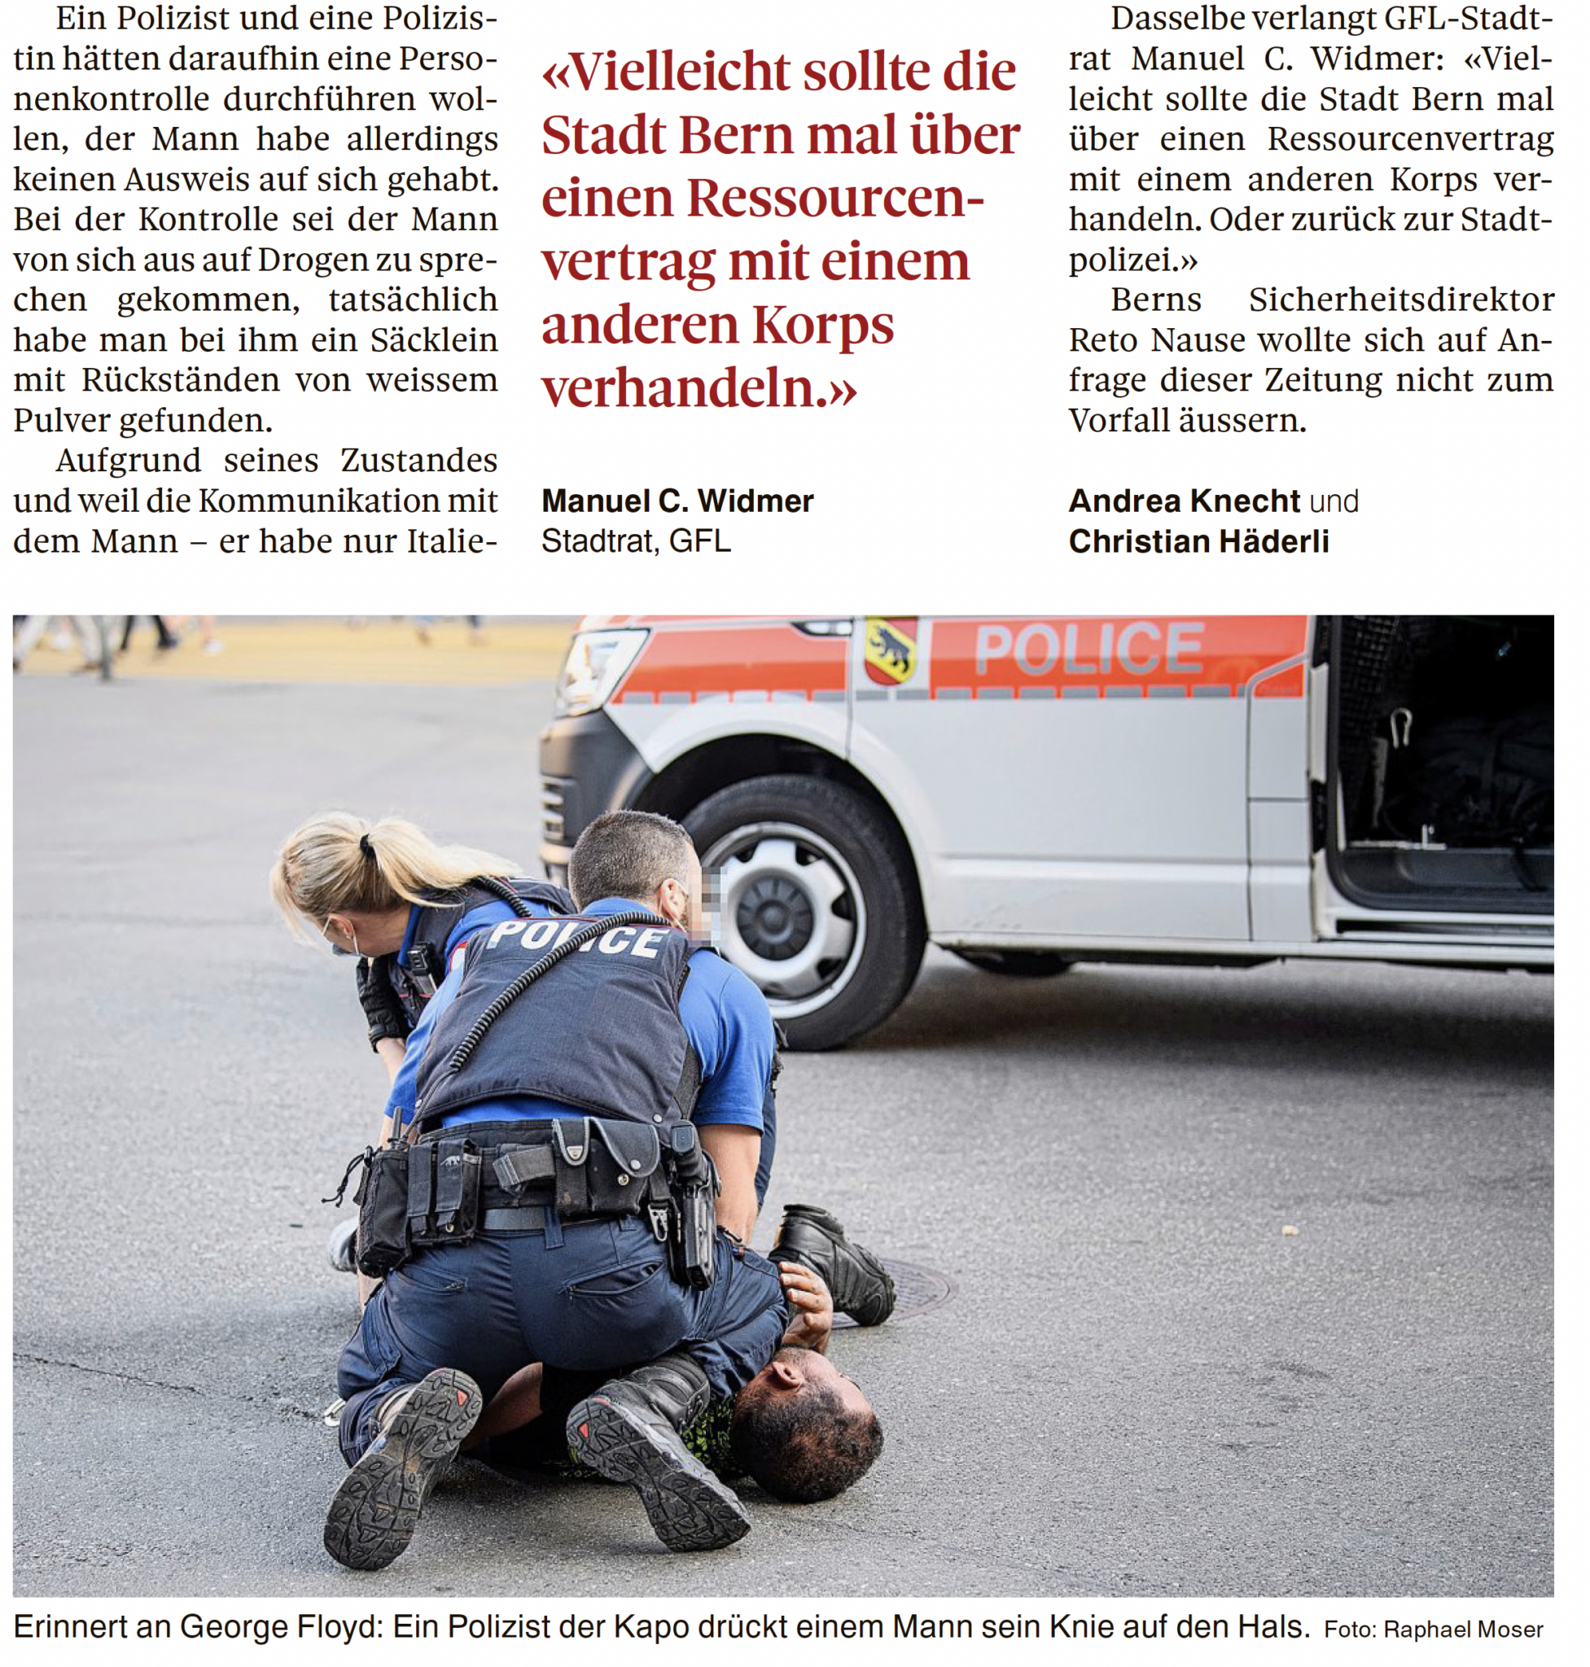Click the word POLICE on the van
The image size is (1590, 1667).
[1088, 650]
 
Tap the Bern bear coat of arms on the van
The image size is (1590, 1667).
[890, 651]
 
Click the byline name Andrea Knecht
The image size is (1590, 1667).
[1184, 501]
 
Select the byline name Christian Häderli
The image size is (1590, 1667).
[1198, 541]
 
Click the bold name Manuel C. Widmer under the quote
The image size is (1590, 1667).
[677, 501]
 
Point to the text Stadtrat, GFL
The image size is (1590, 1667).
[636, 541]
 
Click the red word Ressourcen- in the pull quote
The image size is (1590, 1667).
[834, 198]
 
